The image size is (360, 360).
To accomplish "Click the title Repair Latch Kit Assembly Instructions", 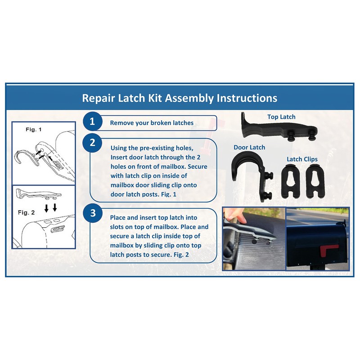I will tap(180, 98).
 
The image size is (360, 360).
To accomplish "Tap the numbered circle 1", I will tap(92, 122).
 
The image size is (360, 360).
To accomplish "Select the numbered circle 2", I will tap(92, 143).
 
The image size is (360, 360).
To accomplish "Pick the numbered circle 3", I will tap(92, 213).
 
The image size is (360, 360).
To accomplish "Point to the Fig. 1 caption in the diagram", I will tap(33, 130).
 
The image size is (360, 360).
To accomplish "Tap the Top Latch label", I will tap(281, 117).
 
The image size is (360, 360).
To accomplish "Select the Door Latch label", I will tap(249, 147).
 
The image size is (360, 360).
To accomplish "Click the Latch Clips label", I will tap(302, 159).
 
